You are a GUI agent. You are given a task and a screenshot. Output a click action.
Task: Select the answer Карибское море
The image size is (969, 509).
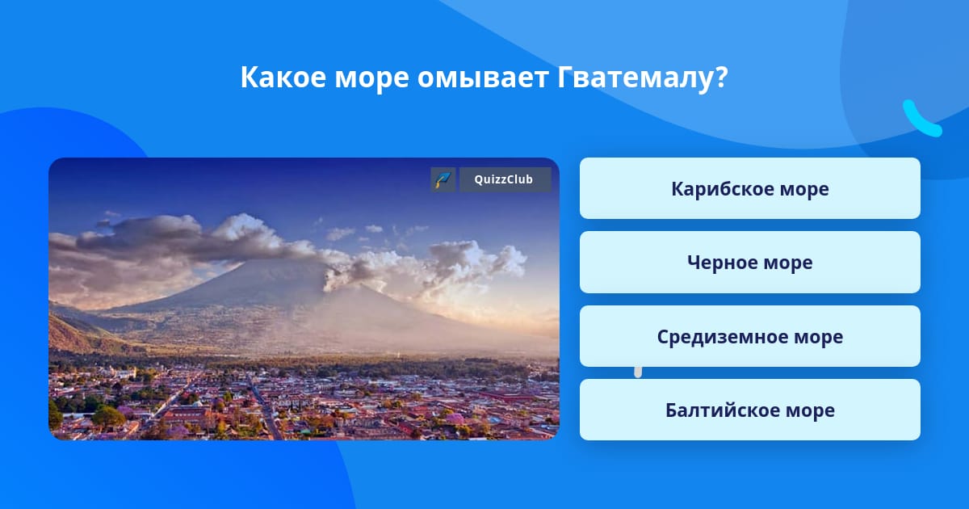point(749,188)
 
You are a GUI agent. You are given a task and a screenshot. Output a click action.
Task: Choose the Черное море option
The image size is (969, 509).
point(749,263)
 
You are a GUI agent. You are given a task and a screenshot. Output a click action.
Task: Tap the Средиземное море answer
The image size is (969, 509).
point(749,336)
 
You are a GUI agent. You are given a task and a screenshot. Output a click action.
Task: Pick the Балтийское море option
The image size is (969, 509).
point(749,410)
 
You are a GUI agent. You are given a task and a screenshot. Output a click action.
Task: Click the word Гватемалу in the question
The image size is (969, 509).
point(635,78)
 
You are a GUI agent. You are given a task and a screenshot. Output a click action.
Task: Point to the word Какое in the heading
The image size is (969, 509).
point(283,78)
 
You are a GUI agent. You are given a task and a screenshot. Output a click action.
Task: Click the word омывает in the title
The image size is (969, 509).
point(483,78)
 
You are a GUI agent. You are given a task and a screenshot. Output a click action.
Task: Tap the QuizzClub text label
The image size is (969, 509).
point(504,179)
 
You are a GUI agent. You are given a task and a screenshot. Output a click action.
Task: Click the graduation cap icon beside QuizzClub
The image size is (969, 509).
point(443,179)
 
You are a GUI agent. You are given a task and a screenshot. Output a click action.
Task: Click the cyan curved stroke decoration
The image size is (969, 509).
point(921,119)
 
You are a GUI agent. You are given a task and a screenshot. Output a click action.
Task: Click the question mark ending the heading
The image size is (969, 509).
point(722,78)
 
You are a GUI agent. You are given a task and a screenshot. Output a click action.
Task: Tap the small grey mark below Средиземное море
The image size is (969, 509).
point(638,372)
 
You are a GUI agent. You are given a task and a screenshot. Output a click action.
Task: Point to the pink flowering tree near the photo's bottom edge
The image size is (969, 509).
point(455,419)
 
